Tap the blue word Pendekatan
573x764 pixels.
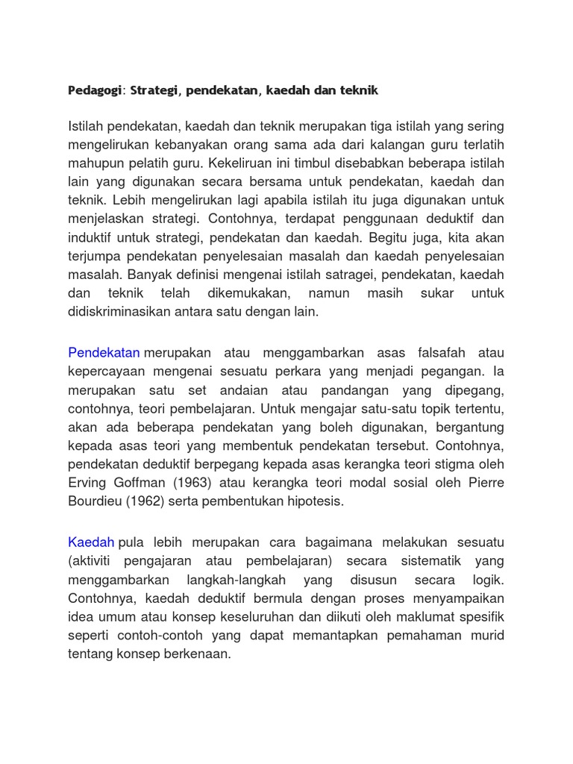coord(104,352)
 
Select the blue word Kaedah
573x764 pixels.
coord(91,541)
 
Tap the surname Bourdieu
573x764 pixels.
coord(94,501)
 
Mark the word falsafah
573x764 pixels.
coord(439,352)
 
